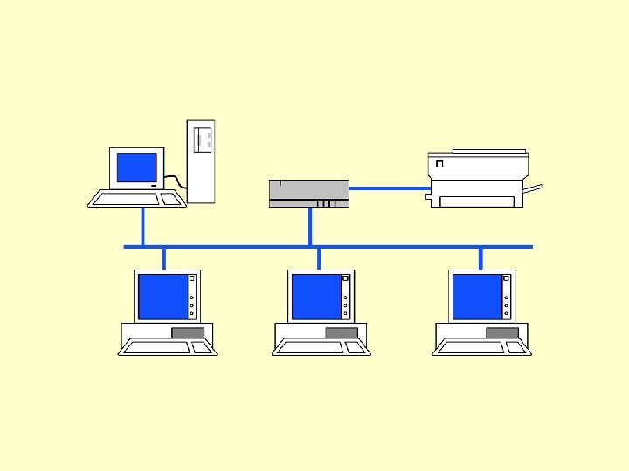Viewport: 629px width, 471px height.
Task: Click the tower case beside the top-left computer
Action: (x=200, y=161)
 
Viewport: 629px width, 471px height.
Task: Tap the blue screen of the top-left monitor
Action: (x=137, y=167)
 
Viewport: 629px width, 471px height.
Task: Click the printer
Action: (x=477, y=179)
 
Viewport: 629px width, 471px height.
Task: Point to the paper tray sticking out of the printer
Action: (x=533, y=188)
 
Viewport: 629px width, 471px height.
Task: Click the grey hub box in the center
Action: (x=309, y=193)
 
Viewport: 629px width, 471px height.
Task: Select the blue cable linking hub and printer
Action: (x=389, y=188)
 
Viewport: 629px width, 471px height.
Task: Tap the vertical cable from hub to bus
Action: (x=309, y=227)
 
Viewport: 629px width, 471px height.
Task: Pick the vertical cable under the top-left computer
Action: (x=143, y=227)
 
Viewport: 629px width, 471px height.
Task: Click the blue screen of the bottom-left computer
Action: (x=162, y=297)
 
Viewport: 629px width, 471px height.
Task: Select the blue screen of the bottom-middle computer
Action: (x=315, y=297)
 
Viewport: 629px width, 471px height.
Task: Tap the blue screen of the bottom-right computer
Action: (x=477, y=297)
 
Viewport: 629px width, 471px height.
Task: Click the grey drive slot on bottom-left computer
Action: (x=188, y=332)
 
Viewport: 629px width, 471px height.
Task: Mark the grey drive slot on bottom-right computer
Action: (x=502, y=332)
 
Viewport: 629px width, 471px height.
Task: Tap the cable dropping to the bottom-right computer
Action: (x=480, y=258)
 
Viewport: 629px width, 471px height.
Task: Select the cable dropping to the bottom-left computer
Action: (x=164, y=258)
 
